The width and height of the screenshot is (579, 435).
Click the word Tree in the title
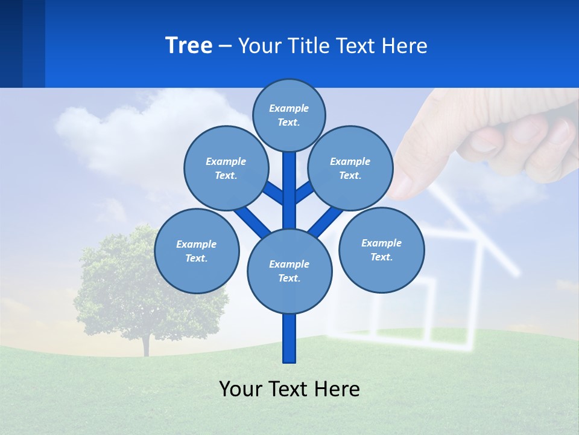click(189, 45)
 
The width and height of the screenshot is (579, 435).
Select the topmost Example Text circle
click(289, 115)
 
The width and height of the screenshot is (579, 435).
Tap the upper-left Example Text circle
click(226, 168)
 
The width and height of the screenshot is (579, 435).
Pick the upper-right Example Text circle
click(350, 168)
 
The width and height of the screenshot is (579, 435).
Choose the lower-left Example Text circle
click(197, 251)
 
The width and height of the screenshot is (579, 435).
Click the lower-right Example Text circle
click(381, 250)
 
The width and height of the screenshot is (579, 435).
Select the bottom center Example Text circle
click(289, 271)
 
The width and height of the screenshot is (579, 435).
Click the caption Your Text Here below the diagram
click(289, 388)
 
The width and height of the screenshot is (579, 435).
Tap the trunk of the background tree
click(145, 344)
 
